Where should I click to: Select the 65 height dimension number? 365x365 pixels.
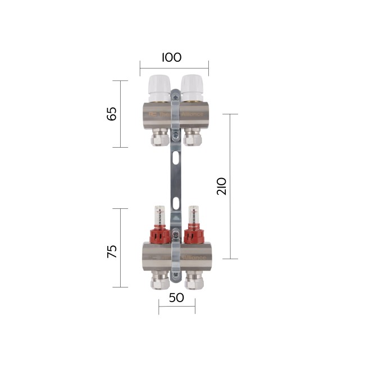coord(112,113)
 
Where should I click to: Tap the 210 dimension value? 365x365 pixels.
coord(221,186)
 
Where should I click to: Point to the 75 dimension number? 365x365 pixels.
coord(112,251)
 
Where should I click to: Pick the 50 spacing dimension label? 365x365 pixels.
coord(176,298)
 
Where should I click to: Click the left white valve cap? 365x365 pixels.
coord(159,85)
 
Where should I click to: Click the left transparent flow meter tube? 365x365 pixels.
coord(159,217)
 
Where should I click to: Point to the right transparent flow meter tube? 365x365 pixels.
coord(193,217)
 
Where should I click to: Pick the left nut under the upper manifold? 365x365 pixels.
coord(159,138)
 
